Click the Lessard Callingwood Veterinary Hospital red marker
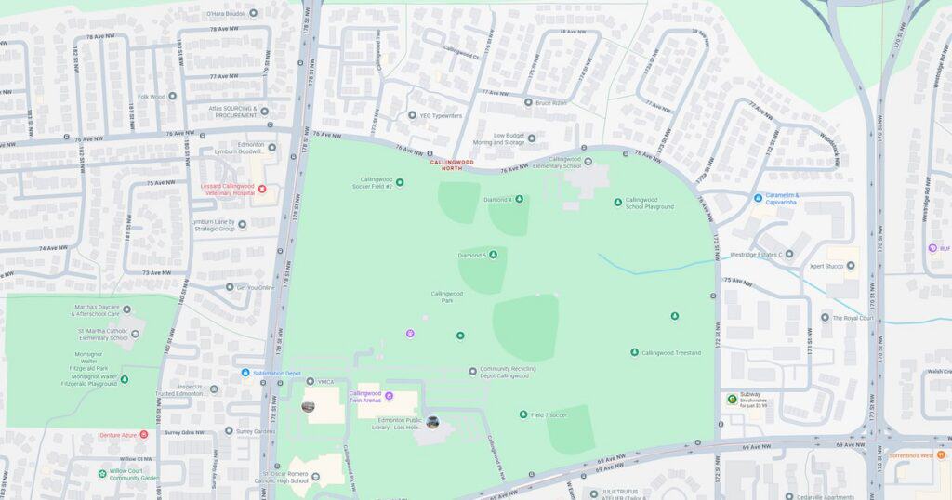(x=262, y=190)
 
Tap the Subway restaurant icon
(x=732, y=400)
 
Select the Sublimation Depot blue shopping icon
(x=245, y=373)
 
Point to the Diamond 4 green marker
(x=519, y=199)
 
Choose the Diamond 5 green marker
(x=493, y=255)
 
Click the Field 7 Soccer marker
(x=523, y=414)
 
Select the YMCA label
(x=325, y=381)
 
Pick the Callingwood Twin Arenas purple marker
(x=390, y=397)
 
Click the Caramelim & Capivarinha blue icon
(x=759, y=197)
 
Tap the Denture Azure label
(x=118, y=435)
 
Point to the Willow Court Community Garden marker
(x=102, y=473)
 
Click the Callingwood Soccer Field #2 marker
(x=400, y=181)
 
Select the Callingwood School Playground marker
(x=618, y=202)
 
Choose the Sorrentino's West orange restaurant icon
(x=889, y=456)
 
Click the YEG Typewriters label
(x=441, y=116)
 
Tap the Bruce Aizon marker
(x=528, y=102)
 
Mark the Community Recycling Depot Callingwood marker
(x=472, y=371)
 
